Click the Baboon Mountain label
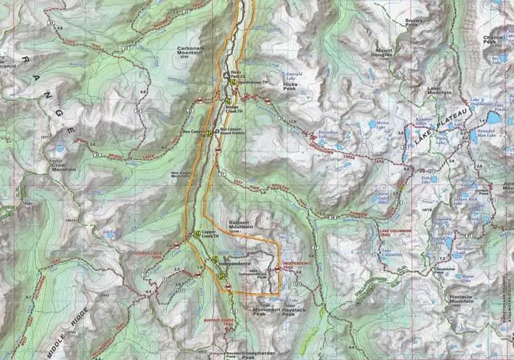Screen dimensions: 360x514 click(x=242, y=228)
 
